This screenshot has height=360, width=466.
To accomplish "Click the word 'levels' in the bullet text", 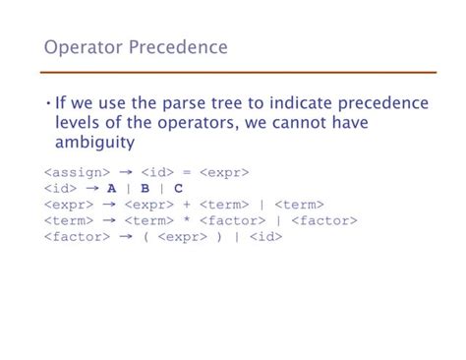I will coord(81,122).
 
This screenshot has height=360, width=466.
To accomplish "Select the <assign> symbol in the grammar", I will coord(76,173).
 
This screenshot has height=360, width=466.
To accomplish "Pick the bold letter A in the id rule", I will coord(112,189).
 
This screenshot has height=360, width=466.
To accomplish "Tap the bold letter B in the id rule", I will coord(145,189).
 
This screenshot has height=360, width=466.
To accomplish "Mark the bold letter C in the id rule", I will coord(178,189).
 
